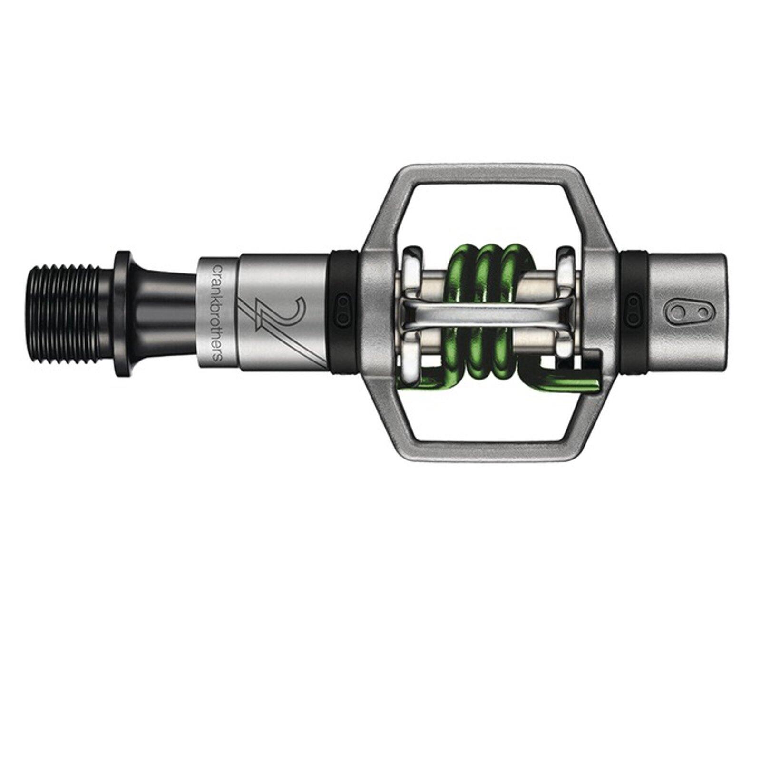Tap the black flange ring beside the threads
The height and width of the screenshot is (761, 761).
tap(124, 313)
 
